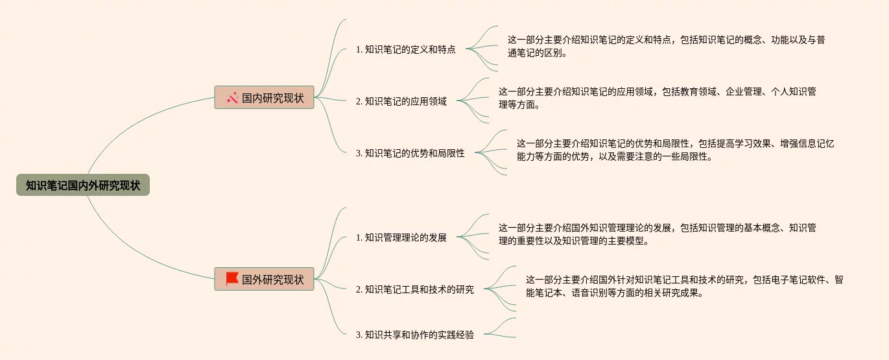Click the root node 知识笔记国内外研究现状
83,186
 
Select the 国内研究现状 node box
265,98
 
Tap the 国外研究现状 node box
265,280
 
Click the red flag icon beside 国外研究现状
232,279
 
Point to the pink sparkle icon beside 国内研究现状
232,98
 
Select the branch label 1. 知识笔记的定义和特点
406,49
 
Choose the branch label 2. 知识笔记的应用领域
401,101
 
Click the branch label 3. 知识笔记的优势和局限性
410,154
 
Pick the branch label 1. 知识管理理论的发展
401,237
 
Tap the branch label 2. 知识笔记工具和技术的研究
415,289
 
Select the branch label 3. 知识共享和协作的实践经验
415,335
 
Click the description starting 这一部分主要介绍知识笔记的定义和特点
666,46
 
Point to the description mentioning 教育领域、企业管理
657,98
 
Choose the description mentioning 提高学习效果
675,150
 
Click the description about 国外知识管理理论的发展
657,234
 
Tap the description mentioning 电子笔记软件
684,286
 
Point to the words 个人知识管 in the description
794,92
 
